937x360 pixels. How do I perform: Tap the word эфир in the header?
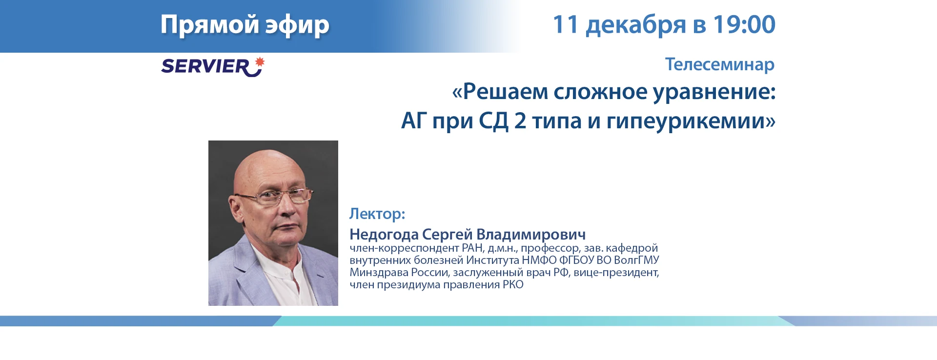[x=297, y=25]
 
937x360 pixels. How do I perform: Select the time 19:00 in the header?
[x=744, y=24]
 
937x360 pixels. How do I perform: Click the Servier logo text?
[x=205, y=66]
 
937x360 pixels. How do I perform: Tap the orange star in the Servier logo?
[x=260, y=62]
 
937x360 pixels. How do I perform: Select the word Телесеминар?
[x=720, y=64]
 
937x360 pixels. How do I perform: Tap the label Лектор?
[x=377, y=214]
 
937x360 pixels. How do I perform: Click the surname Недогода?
[x=384, y=235]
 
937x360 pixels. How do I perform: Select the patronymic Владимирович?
[x=531, y=235]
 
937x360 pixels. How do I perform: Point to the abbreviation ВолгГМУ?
[x=636, y=260]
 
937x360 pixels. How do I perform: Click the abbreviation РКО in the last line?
[x=513, y=284]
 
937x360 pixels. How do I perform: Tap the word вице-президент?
[x=616, y=273]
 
